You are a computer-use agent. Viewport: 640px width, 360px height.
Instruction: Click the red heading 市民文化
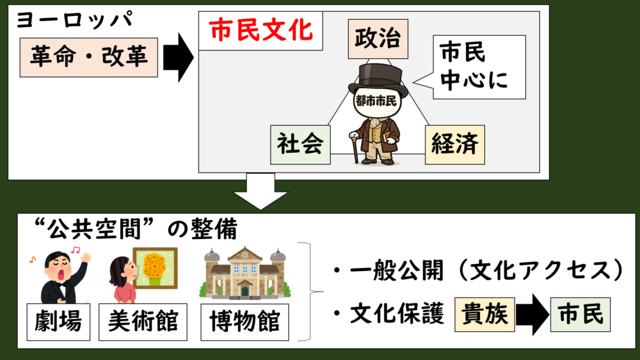tap(260, 30)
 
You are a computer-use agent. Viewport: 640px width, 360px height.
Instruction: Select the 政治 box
tap(378, 39)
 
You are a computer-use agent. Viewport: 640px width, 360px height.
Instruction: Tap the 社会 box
tap(300, 145)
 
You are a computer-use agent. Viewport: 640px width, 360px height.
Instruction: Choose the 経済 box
tap(454, 145)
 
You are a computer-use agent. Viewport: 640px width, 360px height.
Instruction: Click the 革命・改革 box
tap(88, 58)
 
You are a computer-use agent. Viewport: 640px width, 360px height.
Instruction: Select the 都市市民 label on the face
tap(376, 100)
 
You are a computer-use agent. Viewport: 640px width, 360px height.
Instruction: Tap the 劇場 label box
tap(58, 322)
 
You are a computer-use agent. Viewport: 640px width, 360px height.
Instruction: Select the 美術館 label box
tap(143, 322)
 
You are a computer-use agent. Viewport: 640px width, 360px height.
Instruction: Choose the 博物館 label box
tap(245, 322)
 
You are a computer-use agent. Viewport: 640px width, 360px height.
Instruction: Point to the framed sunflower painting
tap(155, 268)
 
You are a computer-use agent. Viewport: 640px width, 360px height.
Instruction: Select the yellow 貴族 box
tap(485, 315)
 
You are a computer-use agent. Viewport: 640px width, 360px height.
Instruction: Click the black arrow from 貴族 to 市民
tap(532, 315)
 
